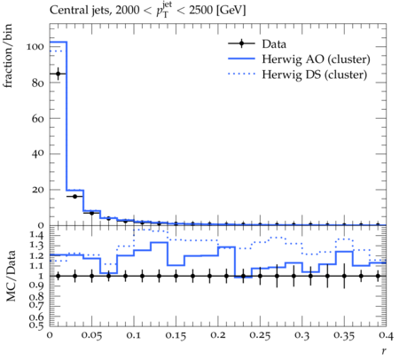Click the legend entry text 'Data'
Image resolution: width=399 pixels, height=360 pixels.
[274, 44]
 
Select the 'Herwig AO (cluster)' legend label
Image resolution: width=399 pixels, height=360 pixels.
[316, 59]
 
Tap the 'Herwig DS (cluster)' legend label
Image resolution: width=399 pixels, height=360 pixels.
[315, 74]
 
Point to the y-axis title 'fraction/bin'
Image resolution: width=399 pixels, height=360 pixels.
[8, 56]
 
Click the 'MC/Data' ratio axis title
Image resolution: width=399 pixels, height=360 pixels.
[11, 276]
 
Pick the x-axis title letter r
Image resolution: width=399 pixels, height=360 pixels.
[384, 351]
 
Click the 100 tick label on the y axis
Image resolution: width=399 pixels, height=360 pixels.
[35, 47]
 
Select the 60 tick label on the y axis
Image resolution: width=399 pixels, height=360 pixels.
[38, 119]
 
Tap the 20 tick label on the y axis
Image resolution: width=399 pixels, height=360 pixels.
[38, 190]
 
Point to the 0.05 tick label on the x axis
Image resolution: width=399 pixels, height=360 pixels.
[91, 336]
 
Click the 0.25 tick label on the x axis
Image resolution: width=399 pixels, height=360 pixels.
[260, 336]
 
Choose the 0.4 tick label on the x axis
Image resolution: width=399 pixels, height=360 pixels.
[386, 336]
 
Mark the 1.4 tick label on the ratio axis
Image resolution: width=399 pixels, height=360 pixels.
[37, 235]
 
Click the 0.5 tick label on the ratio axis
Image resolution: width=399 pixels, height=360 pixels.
[37, 325]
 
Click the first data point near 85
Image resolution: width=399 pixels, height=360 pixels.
[59, 74]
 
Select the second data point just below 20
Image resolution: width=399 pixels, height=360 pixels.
[75, 196]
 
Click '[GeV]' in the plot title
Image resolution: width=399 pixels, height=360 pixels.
[231, 11]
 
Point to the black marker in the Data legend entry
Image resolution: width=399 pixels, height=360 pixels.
[241, 43]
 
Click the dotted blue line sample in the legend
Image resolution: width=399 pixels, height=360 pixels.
[241, 74]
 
